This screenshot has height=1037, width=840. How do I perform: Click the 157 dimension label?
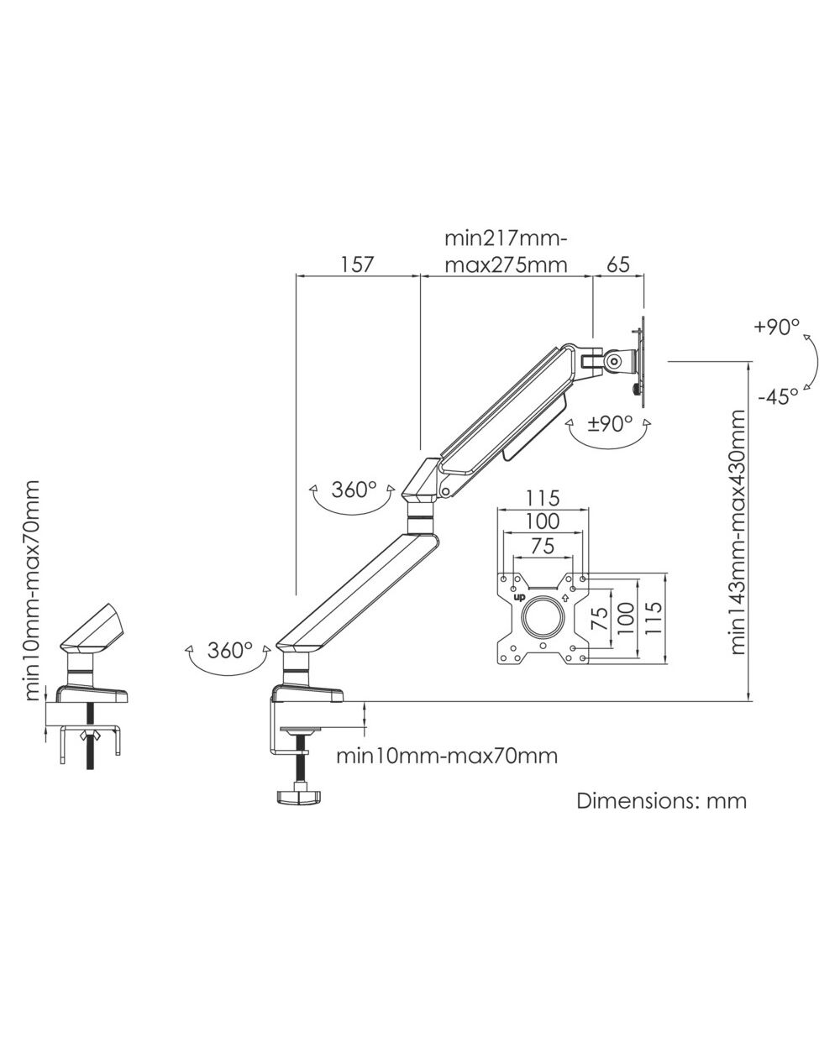click(x=357, y=264)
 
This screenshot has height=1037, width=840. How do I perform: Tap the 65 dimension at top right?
click(x=618, y=264)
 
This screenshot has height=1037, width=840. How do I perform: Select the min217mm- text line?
click(x=506, y=239)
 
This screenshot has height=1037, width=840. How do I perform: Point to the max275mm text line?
click(x=506, y=265)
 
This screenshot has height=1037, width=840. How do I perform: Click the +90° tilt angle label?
click(x=777, y=327)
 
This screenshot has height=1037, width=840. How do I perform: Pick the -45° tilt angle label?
click(x=778, y=397)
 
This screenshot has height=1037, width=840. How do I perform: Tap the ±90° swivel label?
click(x=610, y=423)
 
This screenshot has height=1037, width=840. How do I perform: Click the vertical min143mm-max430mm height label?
click(x=738, y=532)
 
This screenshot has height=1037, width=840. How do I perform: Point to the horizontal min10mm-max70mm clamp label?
click(x=447, y=756)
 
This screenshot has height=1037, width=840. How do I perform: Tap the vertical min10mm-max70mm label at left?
click(x=31, y=590)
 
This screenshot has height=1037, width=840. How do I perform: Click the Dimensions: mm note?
click(x=661, y=801)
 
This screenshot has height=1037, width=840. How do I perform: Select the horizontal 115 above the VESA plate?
click(x=543, y=498)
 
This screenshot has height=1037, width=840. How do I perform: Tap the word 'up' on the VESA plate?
click(x=520, y=598)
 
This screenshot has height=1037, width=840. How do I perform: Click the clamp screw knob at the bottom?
click(x=298, y=797)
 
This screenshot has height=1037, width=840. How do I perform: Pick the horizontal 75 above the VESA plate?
click(x=543, y=546)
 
